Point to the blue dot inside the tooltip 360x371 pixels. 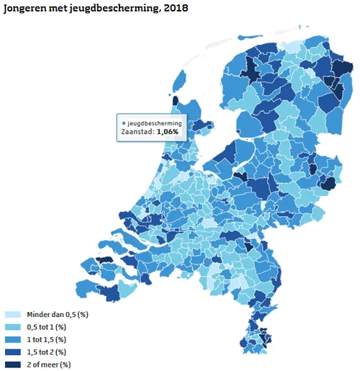(x=125, y=123)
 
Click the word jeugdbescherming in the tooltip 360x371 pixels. (x=156, y=123)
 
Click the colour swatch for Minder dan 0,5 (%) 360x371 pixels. (x=12, y=315)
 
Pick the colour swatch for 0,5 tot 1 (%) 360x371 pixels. (x=12, y=327)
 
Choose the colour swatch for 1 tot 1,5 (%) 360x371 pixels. (x=12, y=339)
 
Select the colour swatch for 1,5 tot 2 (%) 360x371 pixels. (x=12, y=352)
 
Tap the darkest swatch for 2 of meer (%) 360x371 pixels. (x=12, y=364)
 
